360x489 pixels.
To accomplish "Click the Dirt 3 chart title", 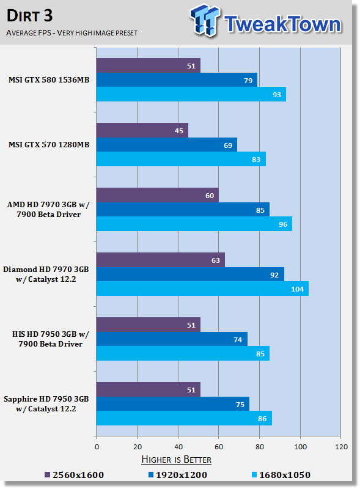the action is click(29, 16).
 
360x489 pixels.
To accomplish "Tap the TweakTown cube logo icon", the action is click(205, 20).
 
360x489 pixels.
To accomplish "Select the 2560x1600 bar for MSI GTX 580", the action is click(148, 65).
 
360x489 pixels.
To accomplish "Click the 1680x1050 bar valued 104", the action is click(202, 289).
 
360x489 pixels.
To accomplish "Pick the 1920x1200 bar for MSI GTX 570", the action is click(167, 145).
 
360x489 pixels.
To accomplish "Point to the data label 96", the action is click(283, 224).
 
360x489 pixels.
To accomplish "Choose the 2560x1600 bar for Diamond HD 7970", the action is click(161, 260).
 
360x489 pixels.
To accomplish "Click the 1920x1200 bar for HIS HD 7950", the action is click(172, 339).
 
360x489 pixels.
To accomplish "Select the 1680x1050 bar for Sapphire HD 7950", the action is click(184, 418).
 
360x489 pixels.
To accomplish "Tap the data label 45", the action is click(178, 131).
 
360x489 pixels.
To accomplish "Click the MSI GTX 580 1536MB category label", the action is click(49, 80).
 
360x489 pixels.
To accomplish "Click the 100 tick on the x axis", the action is click(300, 447).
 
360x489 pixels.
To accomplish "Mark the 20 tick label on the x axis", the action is click(138, 447).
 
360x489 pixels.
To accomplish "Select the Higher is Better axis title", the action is click(176, 460).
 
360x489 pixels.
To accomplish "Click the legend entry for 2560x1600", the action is click(74, 475).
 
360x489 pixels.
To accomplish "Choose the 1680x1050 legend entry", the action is click(281, 475).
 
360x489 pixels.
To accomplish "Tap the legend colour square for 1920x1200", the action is click(151, 475).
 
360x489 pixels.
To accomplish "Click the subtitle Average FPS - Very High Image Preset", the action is click(72, 33).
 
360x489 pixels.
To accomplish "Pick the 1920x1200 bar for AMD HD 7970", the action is click(183, 209).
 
